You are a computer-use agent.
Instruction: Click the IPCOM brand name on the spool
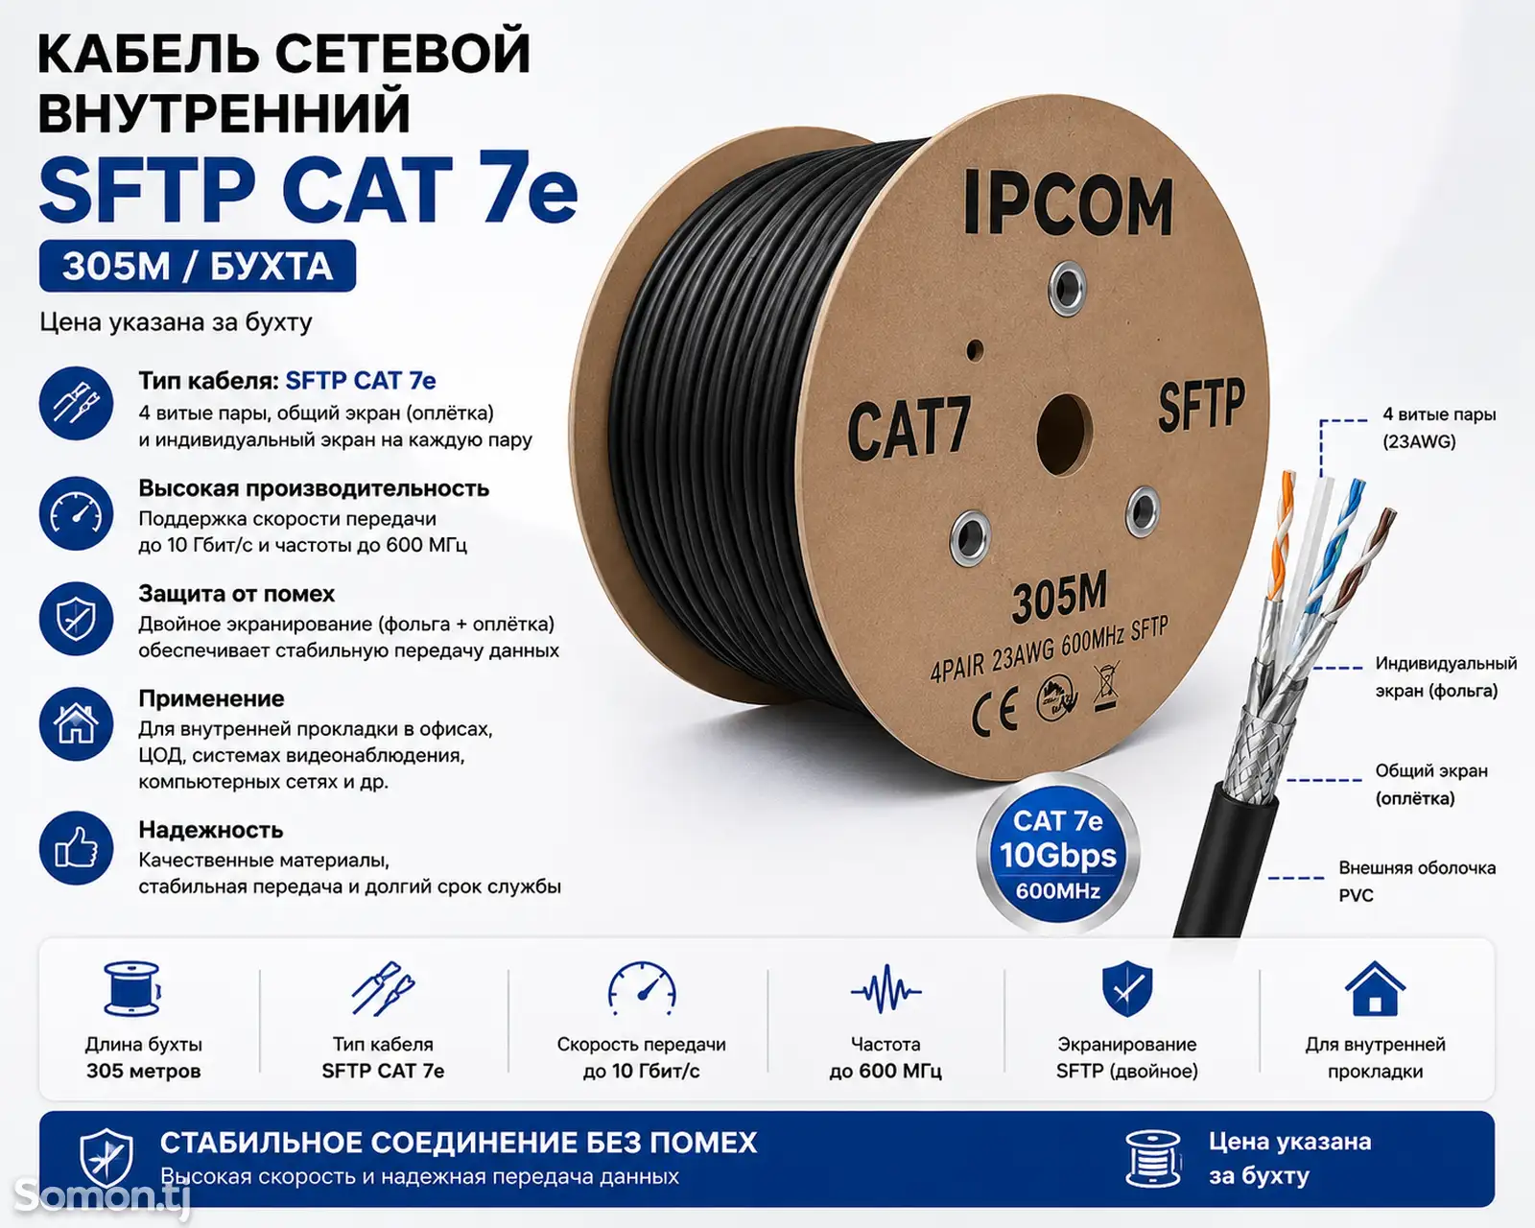(1068, 203)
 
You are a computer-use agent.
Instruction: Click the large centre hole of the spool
(1064, 435)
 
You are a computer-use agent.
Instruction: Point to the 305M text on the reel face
(1059, 596)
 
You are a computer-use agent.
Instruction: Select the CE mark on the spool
(995, 712)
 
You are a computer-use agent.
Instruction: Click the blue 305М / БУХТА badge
(198, 266)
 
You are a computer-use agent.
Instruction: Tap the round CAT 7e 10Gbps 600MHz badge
(1058, 855)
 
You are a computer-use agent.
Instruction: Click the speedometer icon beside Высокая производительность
(76, 514)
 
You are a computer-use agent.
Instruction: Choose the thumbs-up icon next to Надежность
(76, 848)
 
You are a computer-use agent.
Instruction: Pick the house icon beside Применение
(76, 723)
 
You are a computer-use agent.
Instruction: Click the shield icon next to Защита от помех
(76, 619)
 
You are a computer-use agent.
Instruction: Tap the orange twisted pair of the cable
(1280, 535)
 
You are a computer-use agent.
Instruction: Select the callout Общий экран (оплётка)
(1430, 784)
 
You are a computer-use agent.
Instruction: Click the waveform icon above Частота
(886, 990)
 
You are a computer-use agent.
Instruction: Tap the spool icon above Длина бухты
(132, 988)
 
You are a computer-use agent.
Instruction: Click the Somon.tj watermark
(103, 1195)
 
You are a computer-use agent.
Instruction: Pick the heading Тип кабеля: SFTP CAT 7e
(287, 381)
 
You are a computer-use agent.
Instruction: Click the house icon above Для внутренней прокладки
(1375, 988)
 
